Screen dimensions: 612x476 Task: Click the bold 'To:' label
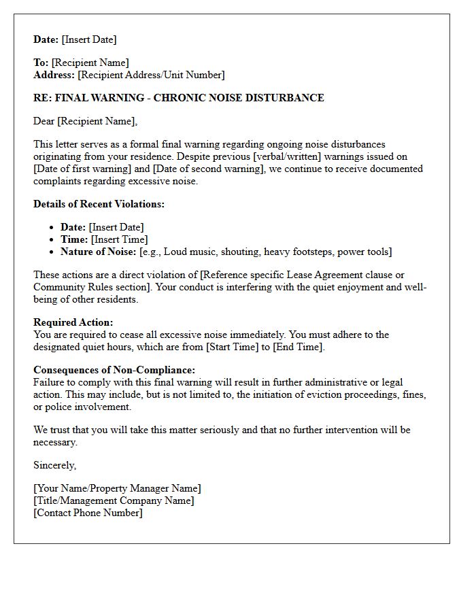tap(41, 63)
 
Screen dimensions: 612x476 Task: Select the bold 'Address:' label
tap(54, 75)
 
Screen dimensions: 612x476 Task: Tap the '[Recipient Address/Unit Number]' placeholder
tap(151, 75)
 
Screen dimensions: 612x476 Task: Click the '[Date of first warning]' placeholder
tap(86, 169)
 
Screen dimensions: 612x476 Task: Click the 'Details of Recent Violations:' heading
tap(99, 204)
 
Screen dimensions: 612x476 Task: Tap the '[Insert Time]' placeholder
tap(119, 239)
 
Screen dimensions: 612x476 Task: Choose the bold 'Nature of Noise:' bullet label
tap(99, 252)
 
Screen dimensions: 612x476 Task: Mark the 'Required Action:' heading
tap(73, 322)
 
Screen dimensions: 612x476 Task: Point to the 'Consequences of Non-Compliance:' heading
tap(114, 370)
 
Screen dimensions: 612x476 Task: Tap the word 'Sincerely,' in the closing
tap(55, 465)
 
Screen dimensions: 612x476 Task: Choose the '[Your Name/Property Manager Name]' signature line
tap(117, 488)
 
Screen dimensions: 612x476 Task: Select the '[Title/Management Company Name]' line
tap(114, 500)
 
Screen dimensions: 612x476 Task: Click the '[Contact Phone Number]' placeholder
tap(88, 513)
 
